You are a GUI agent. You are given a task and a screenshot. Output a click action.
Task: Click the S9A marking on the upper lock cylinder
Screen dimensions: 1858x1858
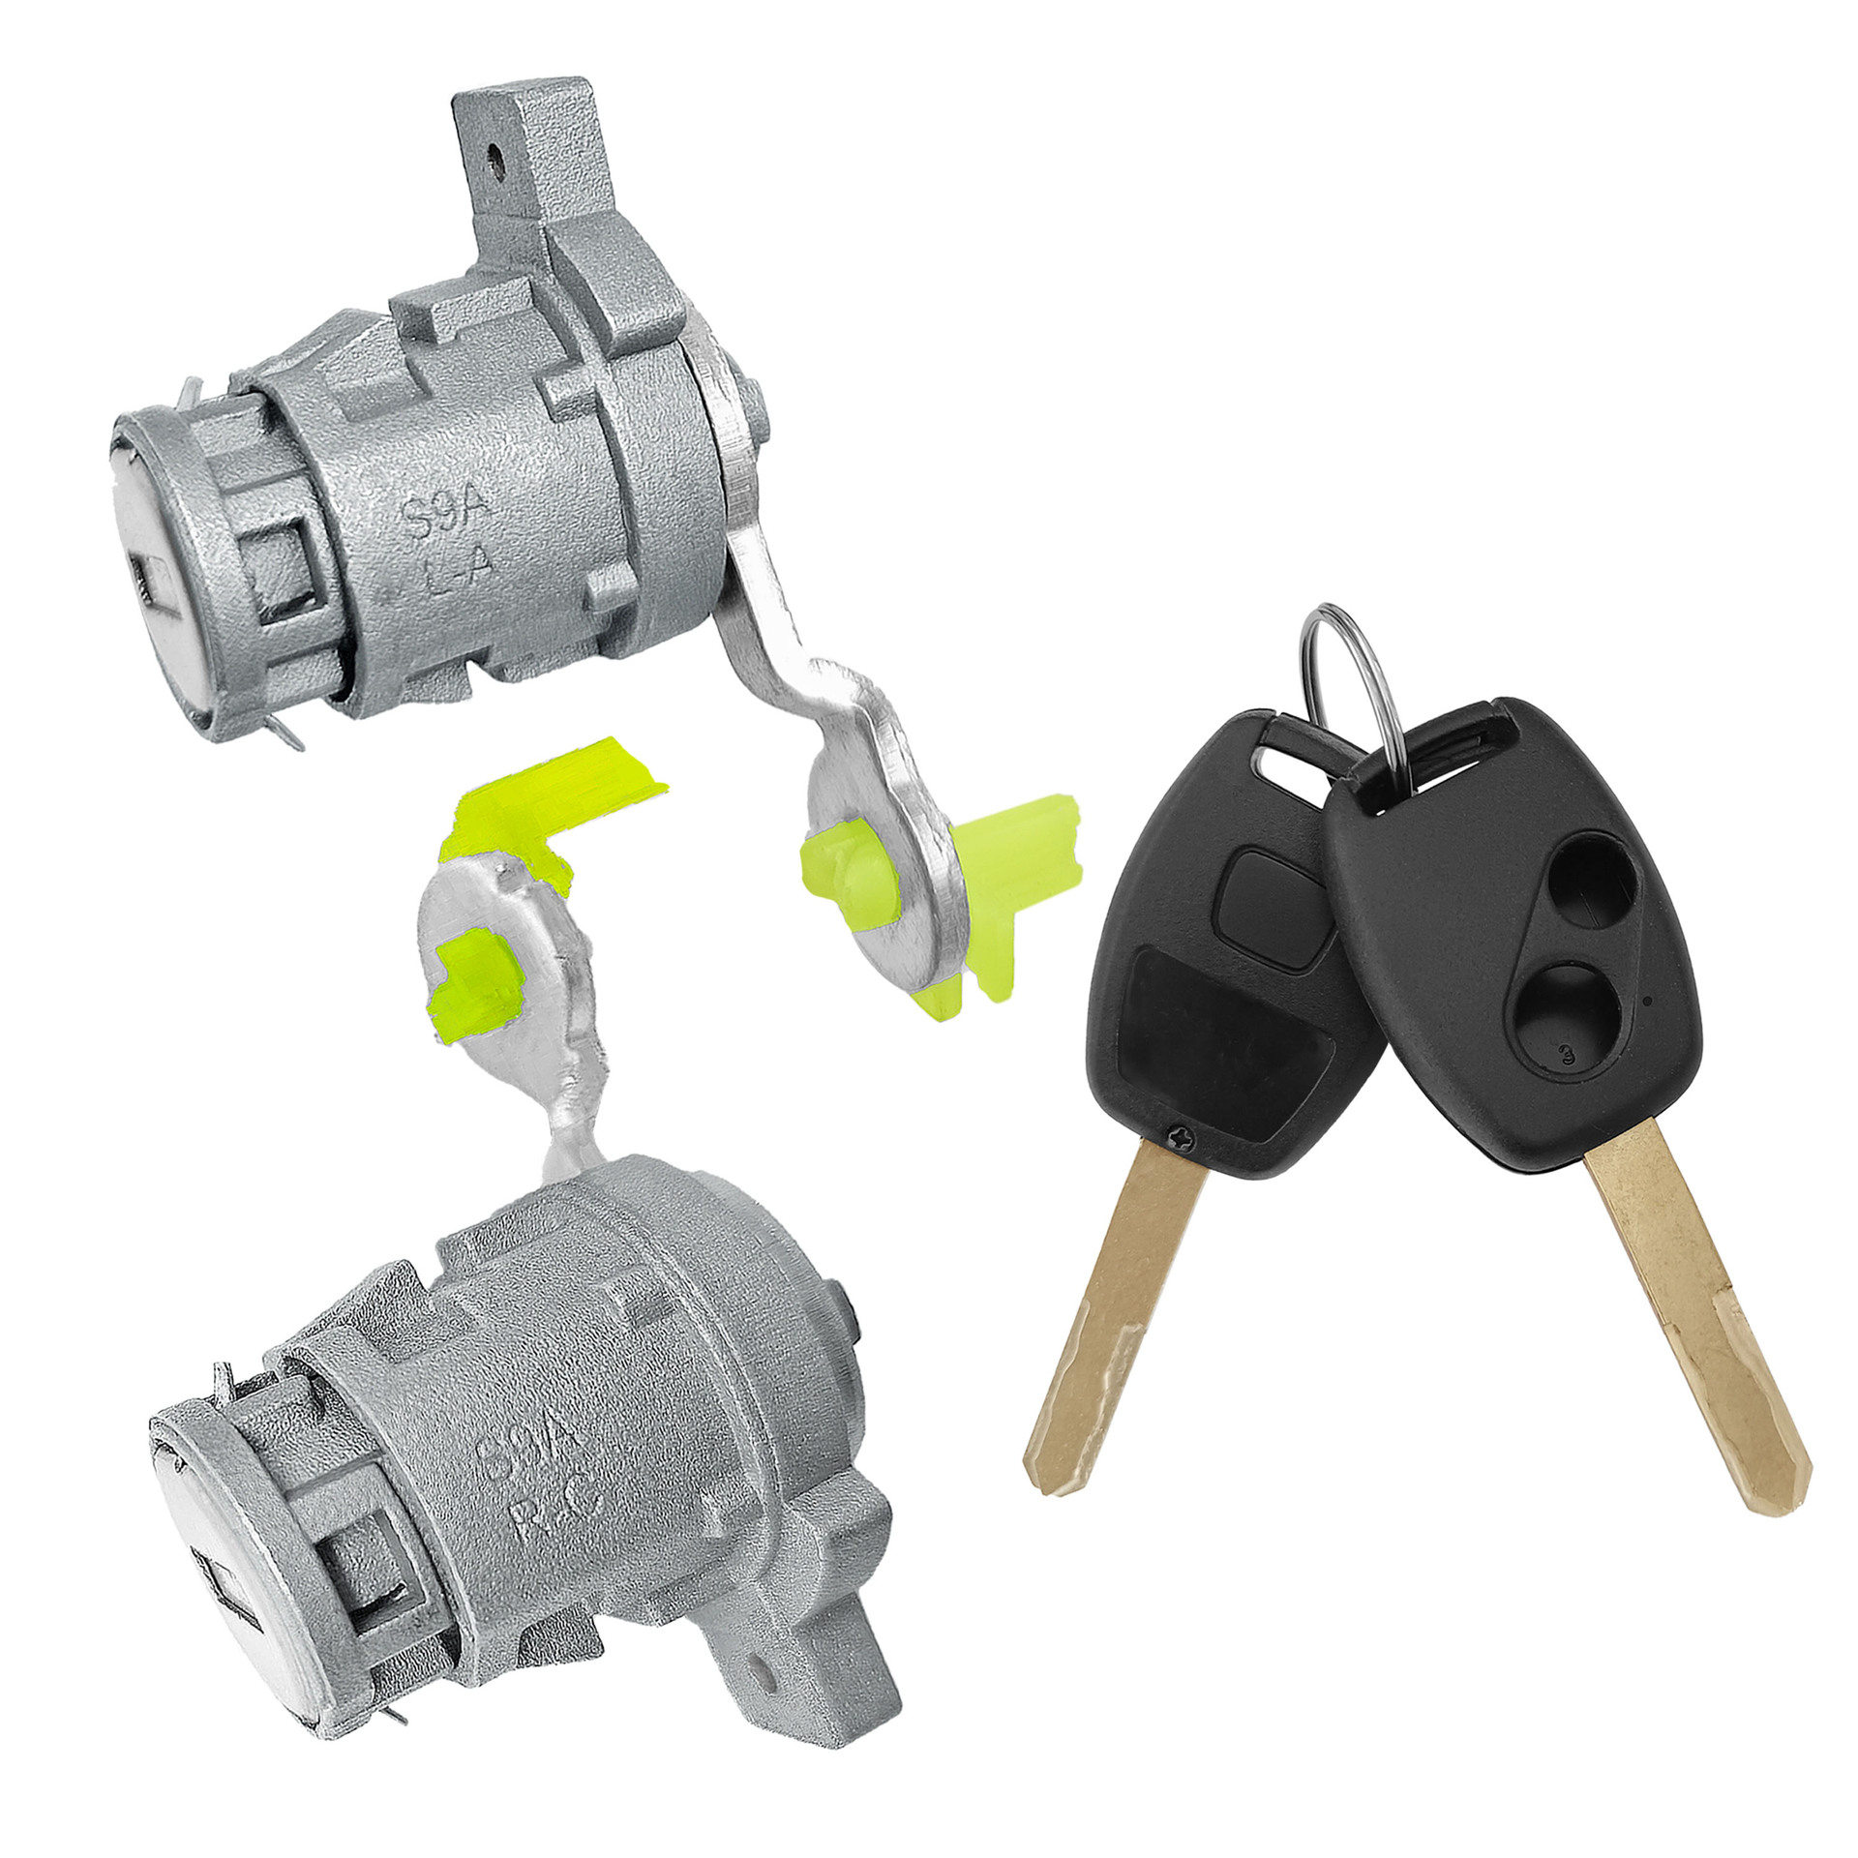tap(447, 510)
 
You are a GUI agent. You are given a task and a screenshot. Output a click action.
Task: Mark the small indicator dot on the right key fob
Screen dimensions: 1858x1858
tap(1648, 999)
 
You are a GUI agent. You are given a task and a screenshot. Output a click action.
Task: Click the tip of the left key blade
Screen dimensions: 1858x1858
tap(1050, 1505)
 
